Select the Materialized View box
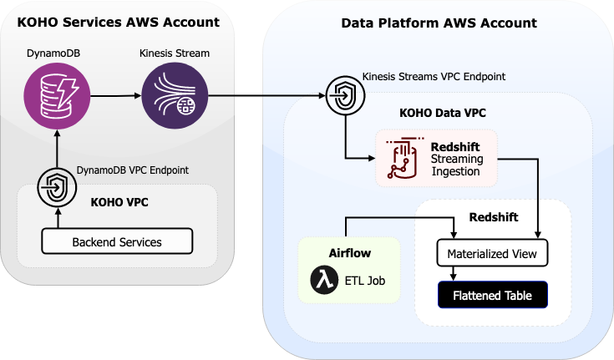492,252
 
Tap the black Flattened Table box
492,296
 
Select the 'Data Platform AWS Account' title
439,23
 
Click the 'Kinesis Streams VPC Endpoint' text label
434,77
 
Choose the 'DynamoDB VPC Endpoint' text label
133,170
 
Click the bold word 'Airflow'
349,252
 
